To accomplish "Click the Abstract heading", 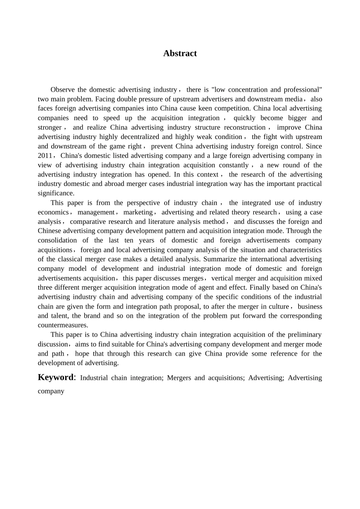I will [x=180, y=53].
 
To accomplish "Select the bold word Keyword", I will [x=55, y=377].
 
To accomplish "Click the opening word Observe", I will [x=63, y=90].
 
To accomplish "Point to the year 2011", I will [x=45, y=156].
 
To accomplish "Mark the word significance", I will [x=55, y=193].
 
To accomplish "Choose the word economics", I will [x=53, y=212].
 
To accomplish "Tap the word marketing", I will [x=138, y=212].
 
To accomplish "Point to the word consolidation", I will [x=57, y=240].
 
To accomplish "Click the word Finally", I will [x=259, y=287].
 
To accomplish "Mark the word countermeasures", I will [x=63, y=325].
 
